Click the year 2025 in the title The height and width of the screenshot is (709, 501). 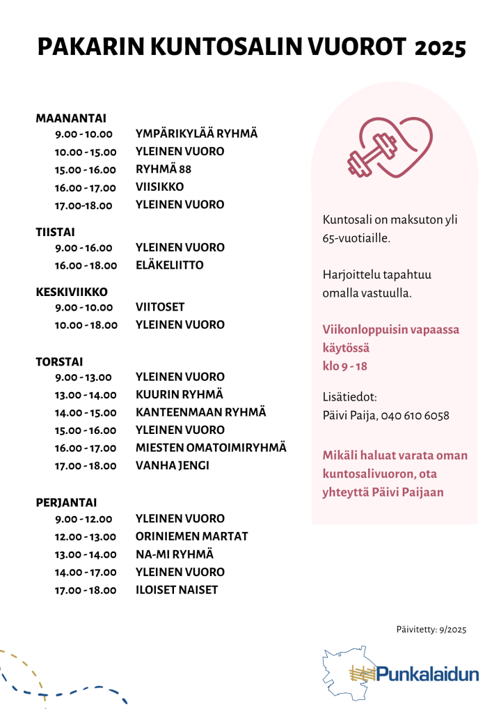coord(440,47)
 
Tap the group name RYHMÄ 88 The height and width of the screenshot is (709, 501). coord(164,169)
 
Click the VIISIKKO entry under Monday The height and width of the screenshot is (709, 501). coord(159,187)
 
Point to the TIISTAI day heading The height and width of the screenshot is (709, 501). coord(56,231)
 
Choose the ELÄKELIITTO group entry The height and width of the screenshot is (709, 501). coord(169,265)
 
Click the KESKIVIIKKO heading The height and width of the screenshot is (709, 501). coord(72,291)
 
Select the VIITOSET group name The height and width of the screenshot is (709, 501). coord(160,306)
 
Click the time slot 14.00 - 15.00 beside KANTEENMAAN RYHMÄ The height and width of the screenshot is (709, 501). coord(86,413)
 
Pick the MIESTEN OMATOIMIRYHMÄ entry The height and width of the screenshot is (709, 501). coord(211,448)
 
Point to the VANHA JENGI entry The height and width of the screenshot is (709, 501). coord(172,465)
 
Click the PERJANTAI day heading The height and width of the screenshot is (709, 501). coord(66,502)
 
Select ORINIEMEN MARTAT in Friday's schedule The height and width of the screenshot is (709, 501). coord(191,536)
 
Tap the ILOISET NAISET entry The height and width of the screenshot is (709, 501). coord(176,590)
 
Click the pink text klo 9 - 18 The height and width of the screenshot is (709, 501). coord(345,365)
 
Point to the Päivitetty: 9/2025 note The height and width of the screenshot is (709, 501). coord(431,630)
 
